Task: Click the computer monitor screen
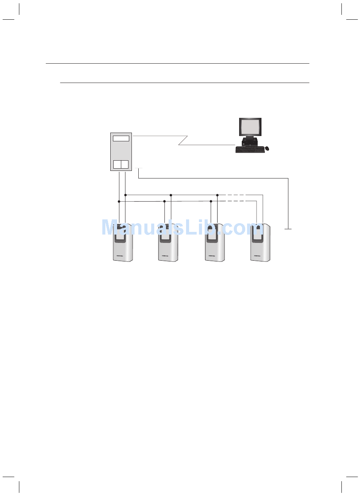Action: coord(250,127)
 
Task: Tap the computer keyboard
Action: coord(249,150)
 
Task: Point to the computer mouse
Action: coord(267,149)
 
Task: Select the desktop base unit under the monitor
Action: coord(250,142)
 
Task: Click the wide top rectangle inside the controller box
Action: coord(121,138)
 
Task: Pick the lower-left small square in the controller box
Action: coord(117,164)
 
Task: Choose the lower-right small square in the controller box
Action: coord(125,164)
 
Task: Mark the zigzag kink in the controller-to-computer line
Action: coord(183,140)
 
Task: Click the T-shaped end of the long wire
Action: coord(288,229)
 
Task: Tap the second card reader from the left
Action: coord(168,243)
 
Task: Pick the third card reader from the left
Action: coord(214,243)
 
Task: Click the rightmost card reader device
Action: coord(260,243)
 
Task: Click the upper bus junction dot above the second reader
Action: coord(171,195)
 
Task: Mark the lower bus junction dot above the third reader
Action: coord(211,201)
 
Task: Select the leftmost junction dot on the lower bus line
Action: coord(119,201)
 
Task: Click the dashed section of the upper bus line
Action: coord(235,195)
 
